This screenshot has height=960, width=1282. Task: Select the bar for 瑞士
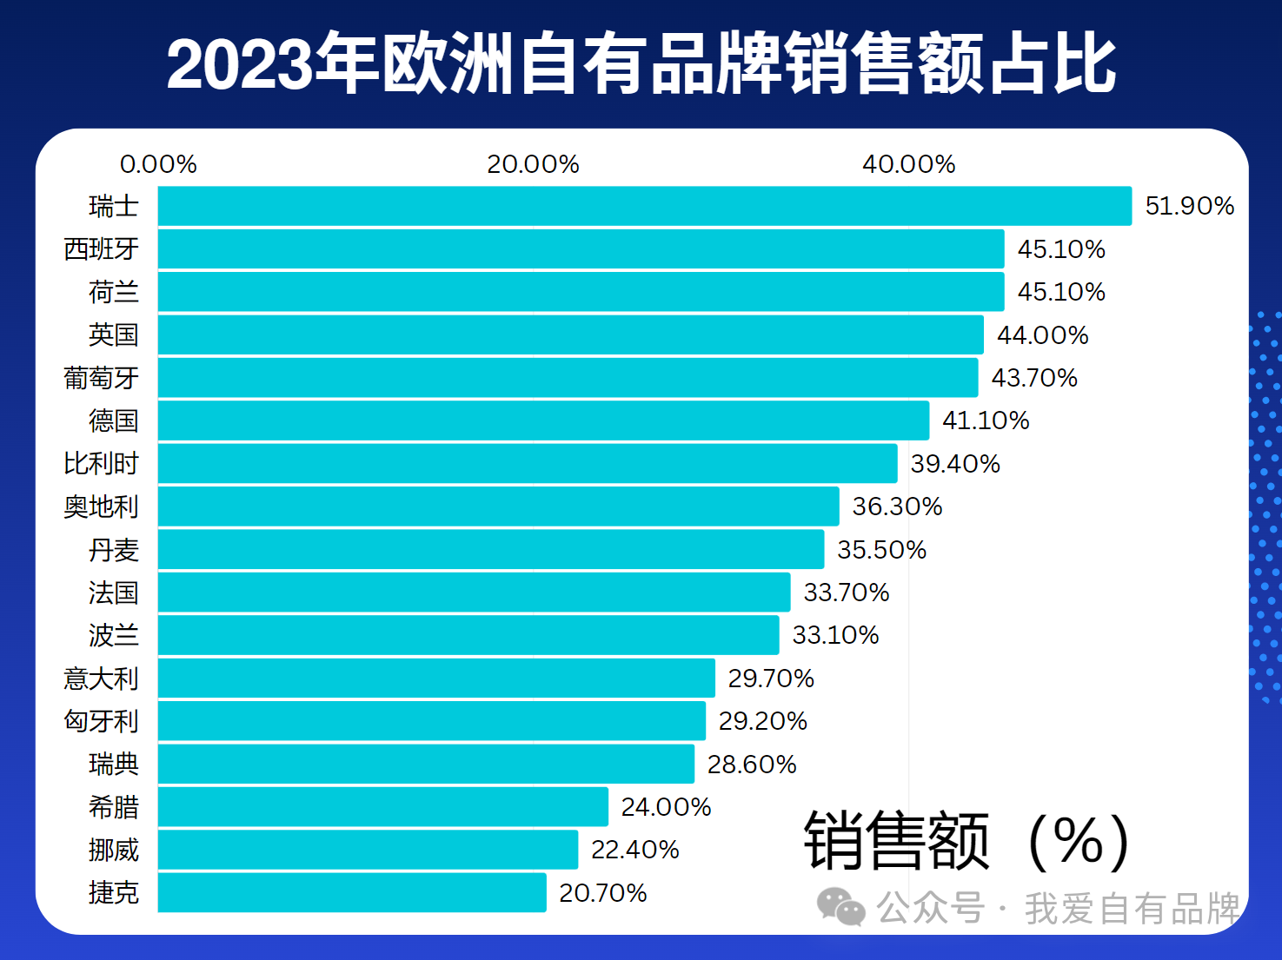coord(644,206)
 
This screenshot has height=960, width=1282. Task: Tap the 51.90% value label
coord(1189,206)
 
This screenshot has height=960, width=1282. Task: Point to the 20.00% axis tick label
coord(533,164)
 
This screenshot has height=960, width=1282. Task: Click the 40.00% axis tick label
coord(908,164)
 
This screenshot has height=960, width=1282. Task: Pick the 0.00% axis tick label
coord(158,164)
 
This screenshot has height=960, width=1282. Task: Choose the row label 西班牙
coord(101,249)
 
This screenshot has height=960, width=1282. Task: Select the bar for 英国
coord(570,334)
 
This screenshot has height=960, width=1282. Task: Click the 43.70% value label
coord(1034,378)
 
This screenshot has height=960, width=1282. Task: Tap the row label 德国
coord(113,420)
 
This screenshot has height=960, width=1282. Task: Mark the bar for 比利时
coord(527,463)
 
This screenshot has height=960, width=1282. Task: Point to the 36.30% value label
coord(897,506)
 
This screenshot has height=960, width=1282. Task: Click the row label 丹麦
coord(113,549)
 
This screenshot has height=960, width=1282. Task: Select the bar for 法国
coord(474,592)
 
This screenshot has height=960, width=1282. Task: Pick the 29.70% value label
coord(771,679)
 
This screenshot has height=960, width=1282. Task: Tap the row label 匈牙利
coord(101,721)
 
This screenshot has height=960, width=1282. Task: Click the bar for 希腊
coord(382,806)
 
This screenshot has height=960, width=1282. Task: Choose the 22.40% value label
coord(634,850)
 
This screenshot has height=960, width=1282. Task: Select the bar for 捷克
coord(352,892)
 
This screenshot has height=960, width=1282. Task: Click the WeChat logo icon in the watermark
coord(840,907)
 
